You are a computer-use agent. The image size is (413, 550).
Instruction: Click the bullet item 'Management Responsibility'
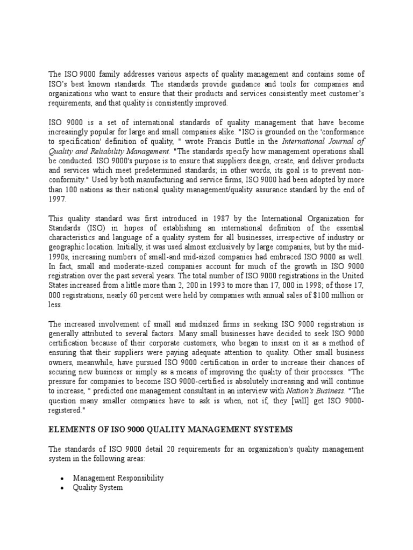pyautogui.click(x=118, y=477)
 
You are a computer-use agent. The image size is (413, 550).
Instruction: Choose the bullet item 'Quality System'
pyautogui.click(x=98, y=487)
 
